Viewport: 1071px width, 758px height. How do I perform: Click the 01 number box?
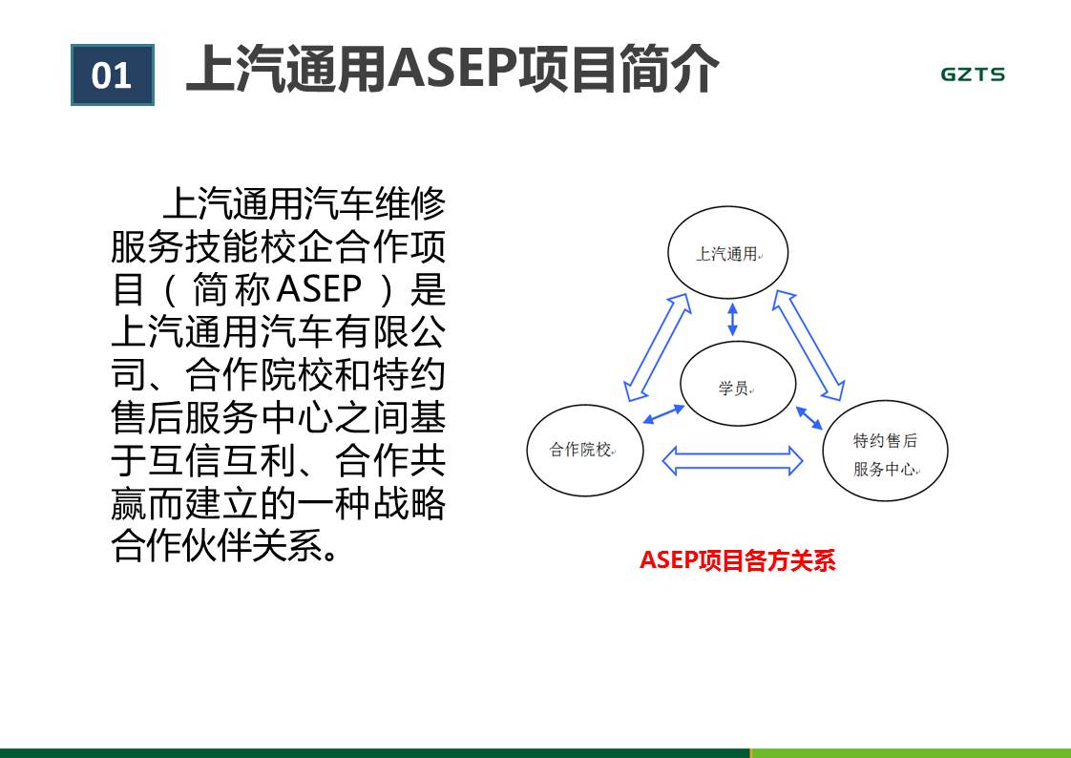click(113, 75)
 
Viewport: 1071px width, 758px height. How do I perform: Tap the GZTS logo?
click(973, 74)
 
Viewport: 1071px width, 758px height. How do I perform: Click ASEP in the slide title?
click(452, 69)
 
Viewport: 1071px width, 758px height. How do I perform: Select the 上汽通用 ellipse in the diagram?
click(728, 252)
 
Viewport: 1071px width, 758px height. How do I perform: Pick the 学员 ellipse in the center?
click(738, 384)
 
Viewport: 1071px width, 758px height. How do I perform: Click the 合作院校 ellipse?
click(585, 450)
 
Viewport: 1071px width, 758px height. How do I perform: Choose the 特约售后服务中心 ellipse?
click(885, 451)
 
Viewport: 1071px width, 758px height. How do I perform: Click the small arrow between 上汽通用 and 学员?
click(732, 320)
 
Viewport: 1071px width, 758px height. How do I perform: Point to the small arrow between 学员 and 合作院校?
click(663, 413)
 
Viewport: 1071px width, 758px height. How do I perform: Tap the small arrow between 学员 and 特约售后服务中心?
click(809, 417)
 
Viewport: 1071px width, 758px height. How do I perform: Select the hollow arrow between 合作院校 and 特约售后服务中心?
click(732, 460)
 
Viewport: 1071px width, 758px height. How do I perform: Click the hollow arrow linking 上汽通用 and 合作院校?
click(657, 347)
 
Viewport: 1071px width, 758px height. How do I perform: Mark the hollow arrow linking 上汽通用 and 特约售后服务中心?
click(808, 346)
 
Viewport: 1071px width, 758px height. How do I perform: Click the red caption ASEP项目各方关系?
click(738, 560)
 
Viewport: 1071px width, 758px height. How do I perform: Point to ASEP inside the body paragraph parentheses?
click(320, 289)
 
